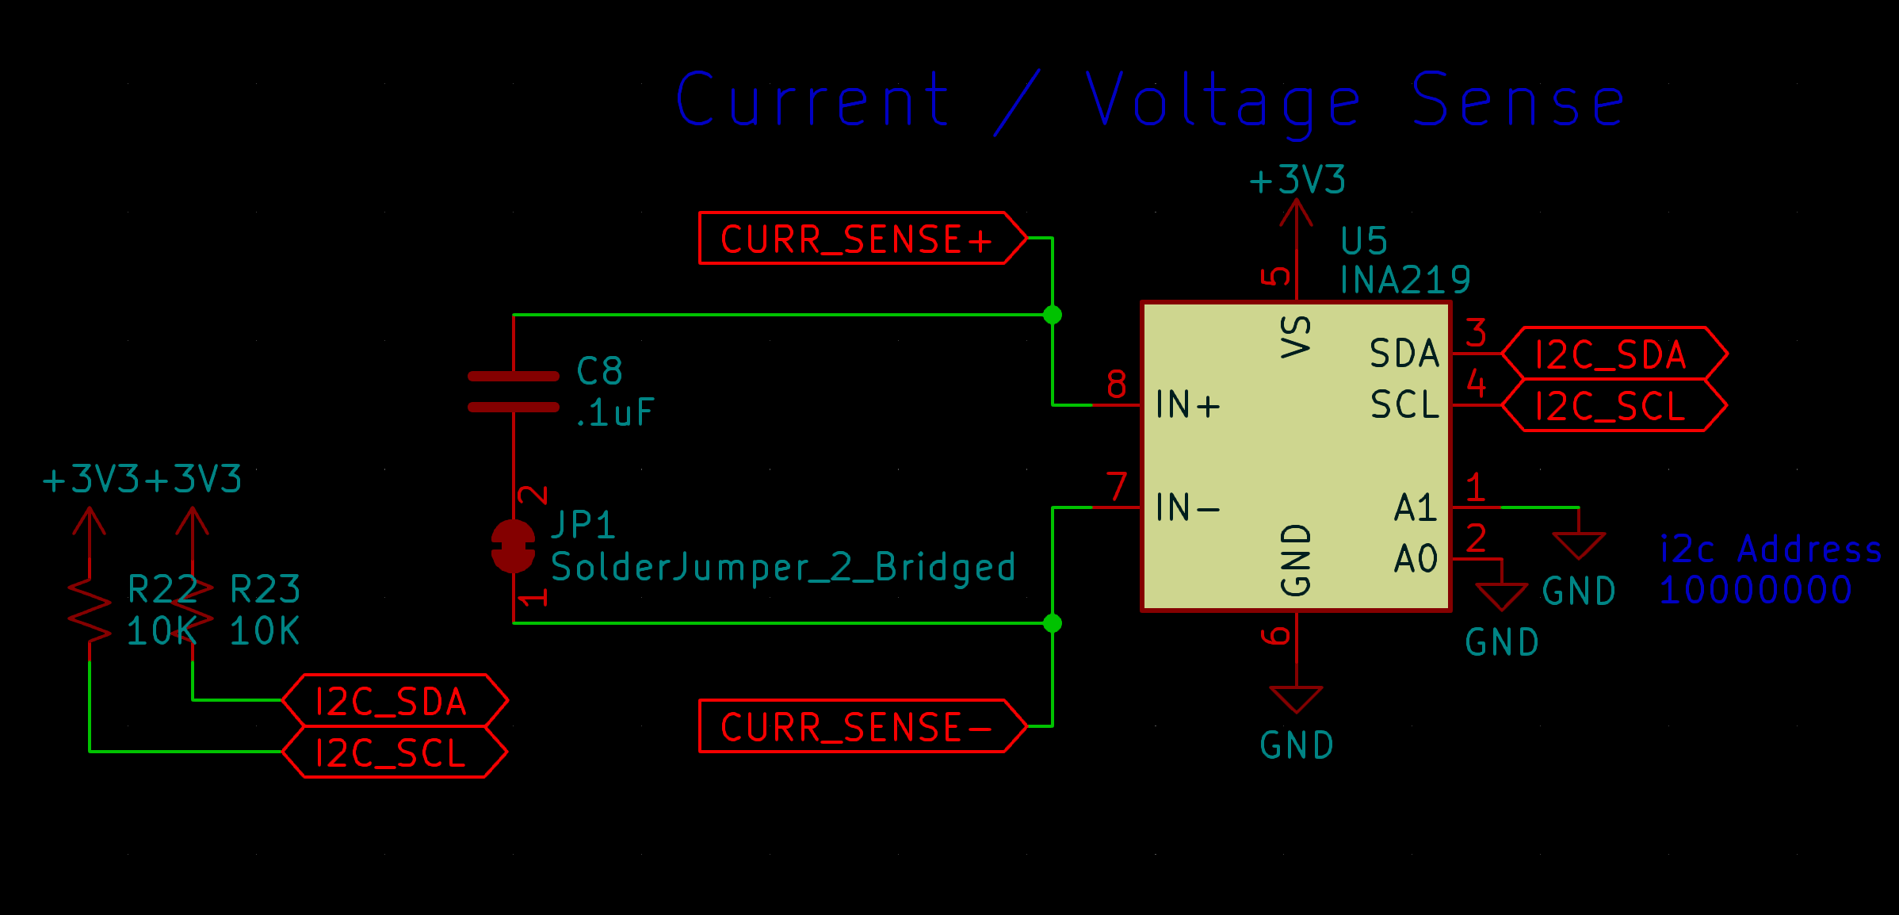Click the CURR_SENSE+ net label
pos(856,238)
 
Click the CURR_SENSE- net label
pos(856,726)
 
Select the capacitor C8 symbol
pos(514,392)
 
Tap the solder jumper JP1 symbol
pos(514,546)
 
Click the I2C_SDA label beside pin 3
pos(1612,354)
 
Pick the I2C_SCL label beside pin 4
pos(1612,406)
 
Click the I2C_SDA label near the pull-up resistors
pos(393,701)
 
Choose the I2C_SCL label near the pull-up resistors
pos(393,752)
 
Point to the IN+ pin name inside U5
pos(1187,405)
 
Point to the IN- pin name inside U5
pos(1187,507)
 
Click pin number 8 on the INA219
pos(1117,385)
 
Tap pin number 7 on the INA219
pos(1117,487)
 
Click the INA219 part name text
pos(1404,280)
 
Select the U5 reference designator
pos(1364,240)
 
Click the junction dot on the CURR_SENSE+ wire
pos(1053,315)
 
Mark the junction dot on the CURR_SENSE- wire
pos(1053,623)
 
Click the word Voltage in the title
pos(1223,101)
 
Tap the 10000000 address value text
pos(1756,591)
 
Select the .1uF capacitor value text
pos(615,412)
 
